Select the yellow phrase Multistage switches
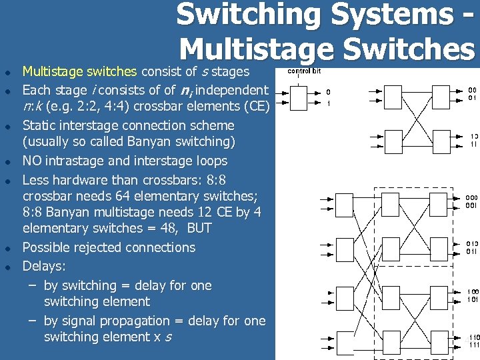point(79,71)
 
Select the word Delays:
point(44,266)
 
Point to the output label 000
point(471,198)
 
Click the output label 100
point(471,291)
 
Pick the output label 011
point(471,251)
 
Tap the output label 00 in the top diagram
point(471,90)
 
